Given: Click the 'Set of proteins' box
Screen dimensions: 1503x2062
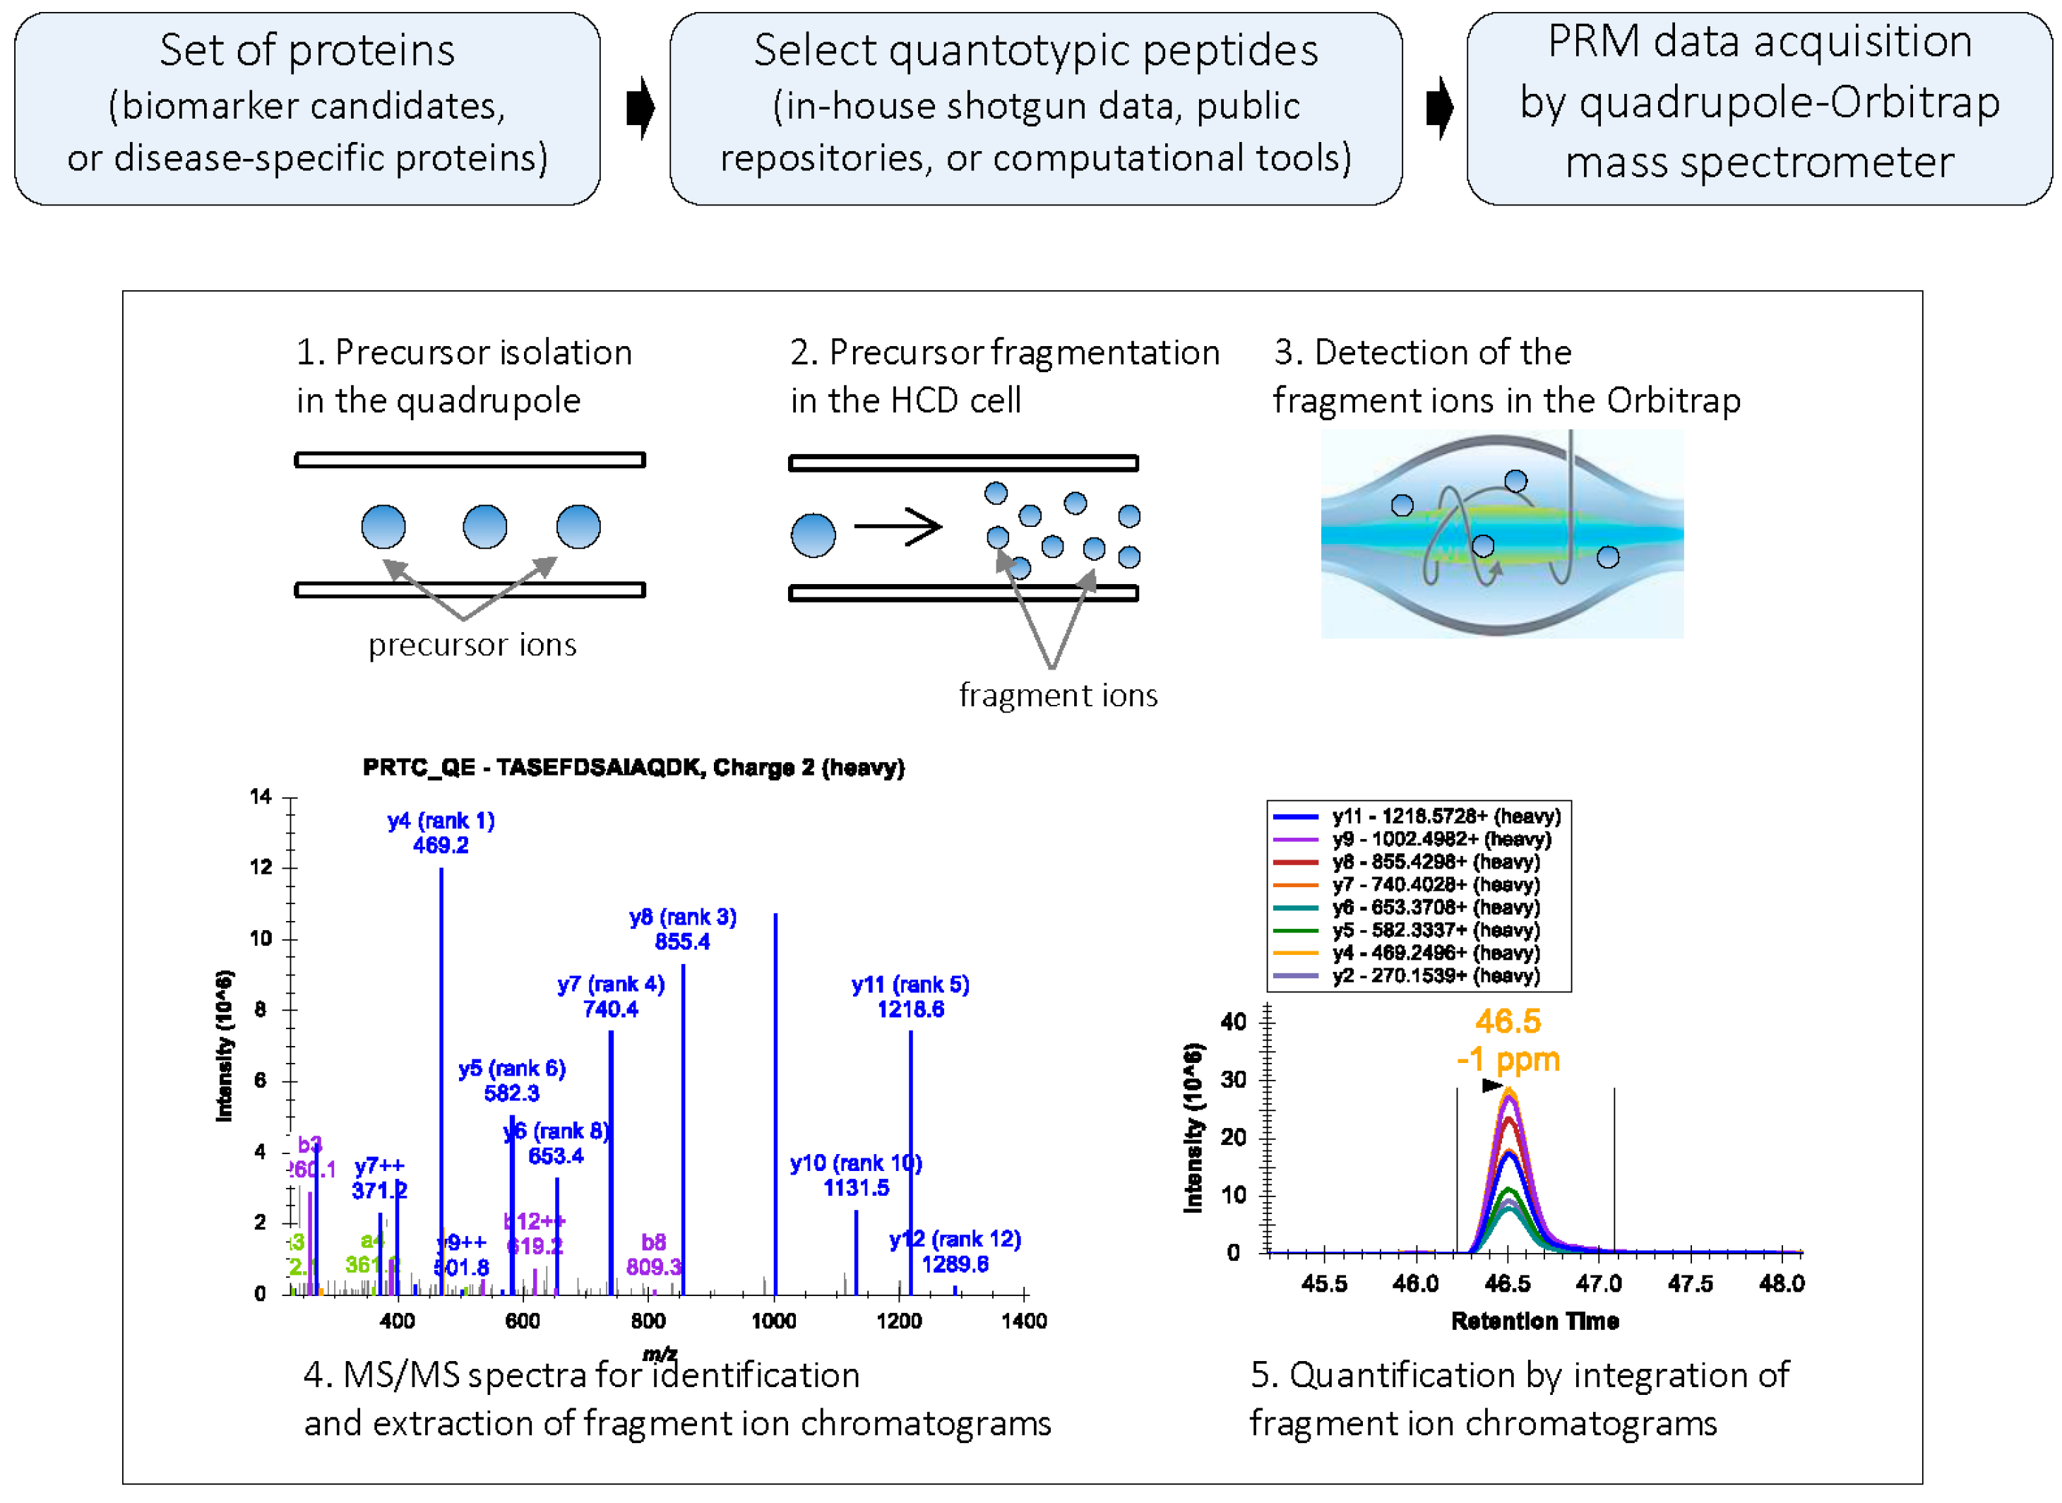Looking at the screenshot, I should click(306, 107).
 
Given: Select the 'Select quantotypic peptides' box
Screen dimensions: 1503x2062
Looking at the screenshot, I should click(1035, 107).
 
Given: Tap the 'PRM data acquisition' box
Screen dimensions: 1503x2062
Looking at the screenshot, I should click(1758, 107).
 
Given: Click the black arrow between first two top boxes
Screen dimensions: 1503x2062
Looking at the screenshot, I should click(640, 107).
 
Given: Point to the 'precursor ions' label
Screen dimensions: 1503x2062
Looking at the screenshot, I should click(472, 644).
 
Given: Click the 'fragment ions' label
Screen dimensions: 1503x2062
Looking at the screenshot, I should click(1057, 695).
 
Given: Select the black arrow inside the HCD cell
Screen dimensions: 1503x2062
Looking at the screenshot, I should click(897, 526).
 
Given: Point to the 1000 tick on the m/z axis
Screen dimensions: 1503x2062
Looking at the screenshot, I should click(774, 1320).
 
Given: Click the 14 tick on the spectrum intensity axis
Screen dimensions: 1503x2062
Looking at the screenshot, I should click(261, 797).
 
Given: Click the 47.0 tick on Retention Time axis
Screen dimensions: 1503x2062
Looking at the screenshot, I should click(1598, 1284).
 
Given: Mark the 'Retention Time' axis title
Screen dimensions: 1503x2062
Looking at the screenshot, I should click(1534, 1321).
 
